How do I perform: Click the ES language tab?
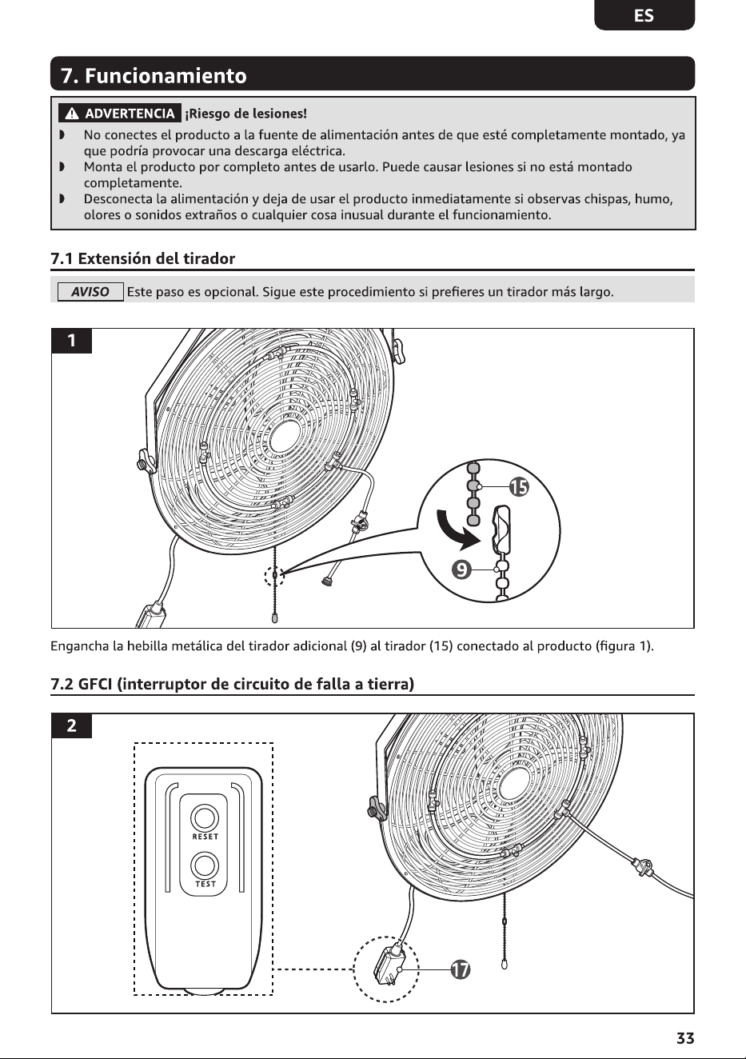(x=644, y=15)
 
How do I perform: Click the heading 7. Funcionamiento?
(x=154, y=76)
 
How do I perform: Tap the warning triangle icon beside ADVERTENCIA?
(x=72, y=114)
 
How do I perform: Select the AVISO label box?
(x=90, y=292)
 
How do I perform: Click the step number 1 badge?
(x=71, y=341)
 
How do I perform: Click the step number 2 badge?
(x=71, y=725)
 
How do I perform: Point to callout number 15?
(x=519, y=486)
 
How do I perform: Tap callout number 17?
(x=460, y=969)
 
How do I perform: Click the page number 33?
(x=685, y=1038)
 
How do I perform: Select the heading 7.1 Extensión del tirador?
(x=143, y=258)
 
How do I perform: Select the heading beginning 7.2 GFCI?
(x=232, y=684)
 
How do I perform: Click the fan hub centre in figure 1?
(x=286, y=435)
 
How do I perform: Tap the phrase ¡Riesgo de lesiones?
(x=245, y=114)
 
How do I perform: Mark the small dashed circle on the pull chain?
(x=274, y=576)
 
